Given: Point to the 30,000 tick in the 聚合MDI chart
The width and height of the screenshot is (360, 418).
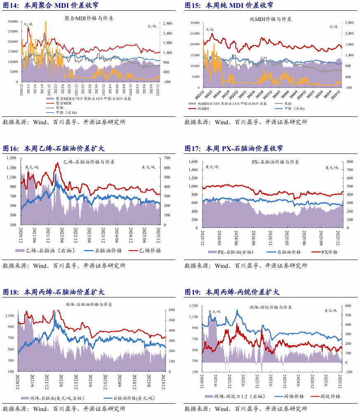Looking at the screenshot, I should coord(13,21).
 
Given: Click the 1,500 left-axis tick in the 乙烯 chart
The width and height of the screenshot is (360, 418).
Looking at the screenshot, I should coord(11,158).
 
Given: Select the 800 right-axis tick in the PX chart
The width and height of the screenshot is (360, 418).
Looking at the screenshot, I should coord(350,162).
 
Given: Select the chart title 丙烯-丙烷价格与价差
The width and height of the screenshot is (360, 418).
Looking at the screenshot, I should coord(271,307).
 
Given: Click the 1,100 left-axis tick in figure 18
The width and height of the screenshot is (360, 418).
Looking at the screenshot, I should coord(10,316).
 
